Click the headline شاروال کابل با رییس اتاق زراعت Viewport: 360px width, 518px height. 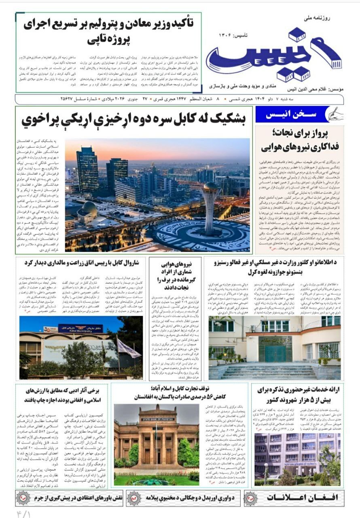click(83, 262)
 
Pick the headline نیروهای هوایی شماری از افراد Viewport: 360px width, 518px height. click(175, 275)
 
